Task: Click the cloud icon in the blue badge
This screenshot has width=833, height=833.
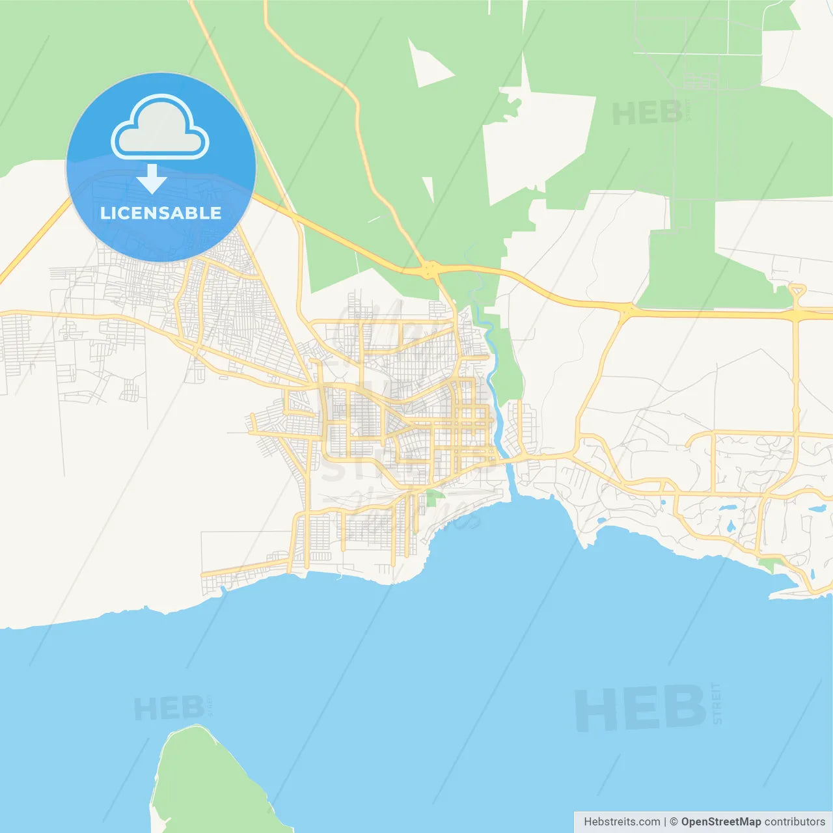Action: (x=160, y=128)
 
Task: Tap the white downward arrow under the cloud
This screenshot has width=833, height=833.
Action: (x=152, y=179)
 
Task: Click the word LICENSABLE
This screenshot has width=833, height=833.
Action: (x=161, y=213)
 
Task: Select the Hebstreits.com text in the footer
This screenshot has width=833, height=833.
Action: (x=621, y=821)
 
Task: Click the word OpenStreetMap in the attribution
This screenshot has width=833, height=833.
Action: (x=720, y=821)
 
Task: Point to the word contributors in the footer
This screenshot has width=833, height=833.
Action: (x=795, y=821)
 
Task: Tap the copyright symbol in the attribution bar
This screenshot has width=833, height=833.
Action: (x=674, y=821)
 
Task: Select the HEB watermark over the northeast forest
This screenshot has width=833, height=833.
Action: (x=647, y=114)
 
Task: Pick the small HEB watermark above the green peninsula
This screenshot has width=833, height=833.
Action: (x=169, y=708)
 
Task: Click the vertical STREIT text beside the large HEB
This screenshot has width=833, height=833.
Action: (x=717, y=703)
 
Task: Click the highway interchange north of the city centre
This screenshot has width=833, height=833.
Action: (x=430, y=268)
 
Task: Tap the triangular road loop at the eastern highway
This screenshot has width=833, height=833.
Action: (x=797, y=291)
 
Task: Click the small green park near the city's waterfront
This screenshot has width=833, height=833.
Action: (x=432, y=498)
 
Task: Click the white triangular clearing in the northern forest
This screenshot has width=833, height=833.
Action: (x=426, y=63)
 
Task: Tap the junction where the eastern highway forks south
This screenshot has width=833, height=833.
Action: (x=625, y=311)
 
